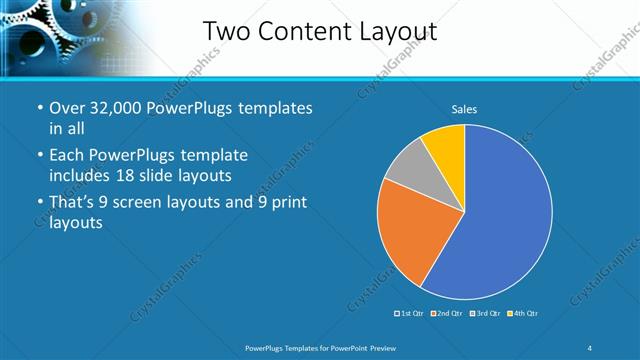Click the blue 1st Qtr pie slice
click(x=500, y=215)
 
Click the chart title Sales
click(x=464, y=108)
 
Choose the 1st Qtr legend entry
click(x=409, y=314)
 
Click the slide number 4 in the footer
click(x=590, y=347)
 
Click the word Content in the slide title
click(x=301, y=32)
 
